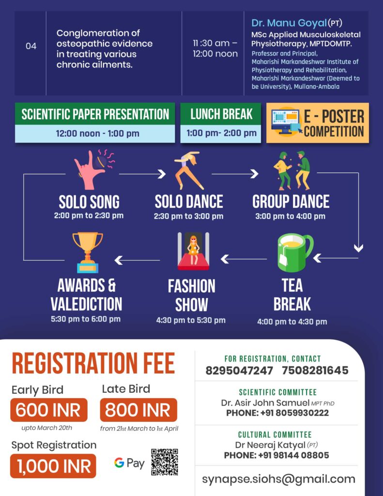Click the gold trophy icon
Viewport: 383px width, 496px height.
tap(88, 252)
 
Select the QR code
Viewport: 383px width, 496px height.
tap(164, 462)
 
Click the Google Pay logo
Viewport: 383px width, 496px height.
tap(129, 463)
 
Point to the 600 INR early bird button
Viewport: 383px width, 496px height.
tap(48, 410)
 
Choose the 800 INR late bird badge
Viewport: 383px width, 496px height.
tap(138, 410)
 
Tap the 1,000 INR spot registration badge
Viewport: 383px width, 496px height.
tap(53, 466)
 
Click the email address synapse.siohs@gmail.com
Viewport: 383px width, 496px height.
tap(278, 479)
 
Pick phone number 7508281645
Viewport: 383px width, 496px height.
tap(314, 371)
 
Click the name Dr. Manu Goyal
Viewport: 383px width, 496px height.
tap(289, 23)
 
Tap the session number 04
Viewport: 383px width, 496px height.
tap(31, 46)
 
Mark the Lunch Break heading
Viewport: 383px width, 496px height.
tap(221, 114)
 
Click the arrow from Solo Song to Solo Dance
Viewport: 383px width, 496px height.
tap(142, 173)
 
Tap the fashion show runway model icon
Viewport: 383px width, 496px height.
tap(193, 251)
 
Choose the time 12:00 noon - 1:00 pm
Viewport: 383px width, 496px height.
tap(94, 133)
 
